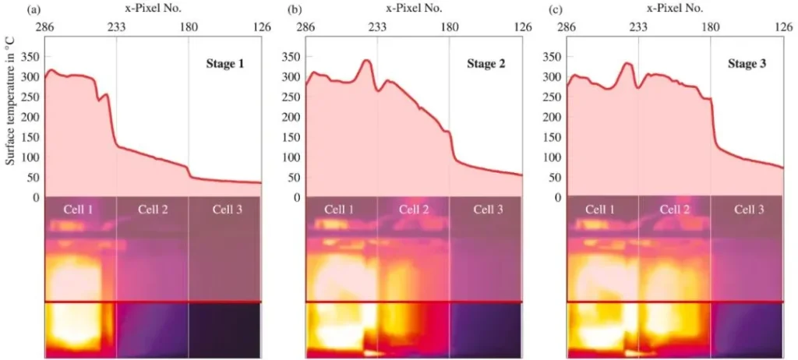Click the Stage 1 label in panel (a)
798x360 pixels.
point(224,64)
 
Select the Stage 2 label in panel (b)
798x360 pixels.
point(486,64)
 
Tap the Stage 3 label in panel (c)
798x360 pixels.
point(746,64)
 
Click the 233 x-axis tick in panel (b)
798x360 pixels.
point(377,26)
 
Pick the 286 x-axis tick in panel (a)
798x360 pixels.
point(44,26)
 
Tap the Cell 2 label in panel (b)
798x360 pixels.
point(414,209)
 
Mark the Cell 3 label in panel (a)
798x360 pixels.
point(225,209)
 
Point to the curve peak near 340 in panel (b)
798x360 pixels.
point(365,60)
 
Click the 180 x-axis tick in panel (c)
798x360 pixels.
point(711,26)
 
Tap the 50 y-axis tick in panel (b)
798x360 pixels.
point(293,177)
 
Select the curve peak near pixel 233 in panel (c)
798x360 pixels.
point(626,63)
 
